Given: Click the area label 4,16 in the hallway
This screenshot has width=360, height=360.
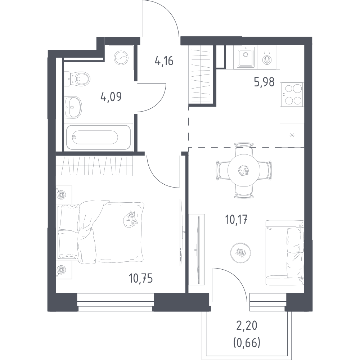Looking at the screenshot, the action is coord(164,61).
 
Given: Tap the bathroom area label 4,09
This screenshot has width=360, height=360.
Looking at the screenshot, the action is coord(111,96).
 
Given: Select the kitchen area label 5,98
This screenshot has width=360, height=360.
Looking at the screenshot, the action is coord(264,82).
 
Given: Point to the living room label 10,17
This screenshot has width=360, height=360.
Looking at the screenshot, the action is coord(236,220).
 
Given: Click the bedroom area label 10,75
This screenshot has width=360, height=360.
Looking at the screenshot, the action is coord(141,279).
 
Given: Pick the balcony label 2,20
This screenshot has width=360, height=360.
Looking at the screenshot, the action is coord(247,325).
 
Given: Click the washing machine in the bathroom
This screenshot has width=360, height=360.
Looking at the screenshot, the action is coord(121,58).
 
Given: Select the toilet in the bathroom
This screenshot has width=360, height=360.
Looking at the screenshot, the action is coord(77,79).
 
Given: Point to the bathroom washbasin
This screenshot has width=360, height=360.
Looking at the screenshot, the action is coord(73,107).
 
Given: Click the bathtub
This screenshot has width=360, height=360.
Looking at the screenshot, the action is coord(99,137).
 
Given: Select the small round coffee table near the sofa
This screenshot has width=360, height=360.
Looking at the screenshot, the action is coord(240,253).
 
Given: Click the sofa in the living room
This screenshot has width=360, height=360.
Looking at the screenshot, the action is coord(285,253).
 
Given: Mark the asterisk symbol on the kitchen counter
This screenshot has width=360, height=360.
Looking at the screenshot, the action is coord(292,135).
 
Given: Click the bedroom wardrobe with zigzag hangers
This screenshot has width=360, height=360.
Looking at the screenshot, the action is coord(94,166).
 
